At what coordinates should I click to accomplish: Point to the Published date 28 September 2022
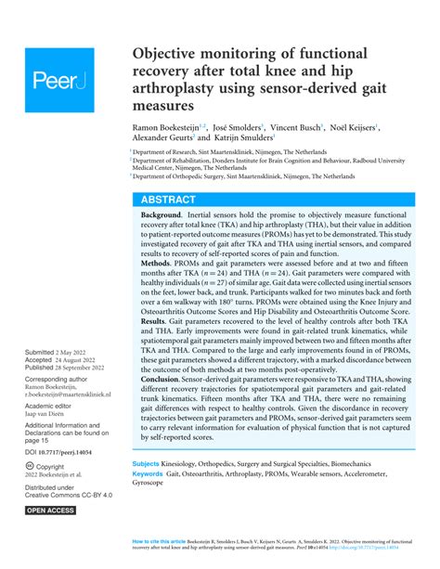click(88, 369)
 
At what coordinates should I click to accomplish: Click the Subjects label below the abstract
click(146, 488)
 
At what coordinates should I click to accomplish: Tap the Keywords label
click(149, 499)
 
